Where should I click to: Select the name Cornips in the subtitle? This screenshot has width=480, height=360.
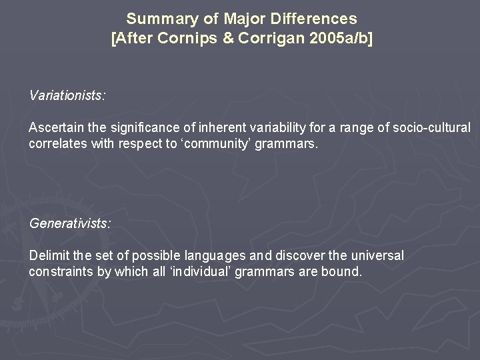(188, 38)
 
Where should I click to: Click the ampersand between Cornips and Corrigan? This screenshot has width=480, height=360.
(228, 38)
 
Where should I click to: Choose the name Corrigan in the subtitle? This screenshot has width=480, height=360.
(270, 38)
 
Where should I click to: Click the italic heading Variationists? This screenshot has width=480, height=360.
(67, 95)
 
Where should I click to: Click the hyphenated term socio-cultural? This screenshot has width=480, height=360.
(432, 127)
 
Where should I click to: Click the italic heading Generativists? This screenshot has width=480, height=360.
(70, 223)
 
